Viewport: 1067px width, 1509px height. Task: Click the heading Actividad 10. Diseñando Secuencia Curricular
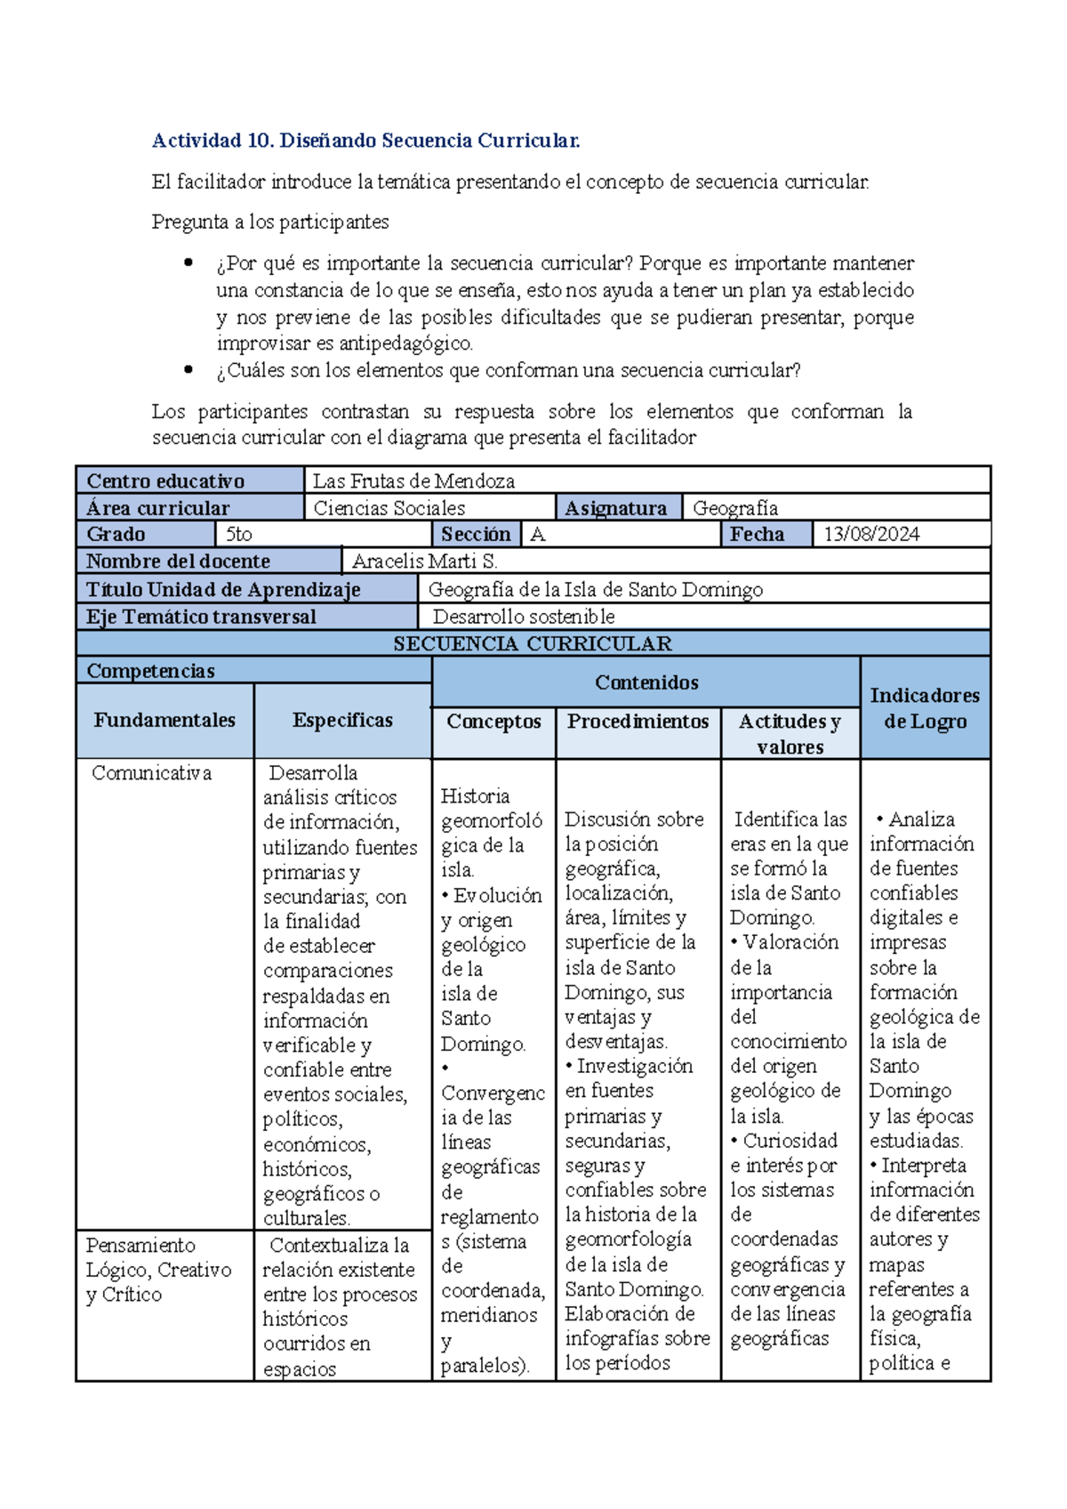(x=365, y=141)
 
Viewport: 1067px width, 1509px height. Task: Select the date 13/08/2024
(x=870, y=535)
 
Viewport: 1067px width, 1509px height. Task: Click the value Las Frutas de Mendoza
(x=413, y=481)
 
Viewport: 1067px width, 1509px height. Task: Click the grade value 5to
(x=239, y=535)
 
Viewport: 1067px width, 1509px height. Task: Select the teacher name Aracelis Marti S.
(x=424, y=561)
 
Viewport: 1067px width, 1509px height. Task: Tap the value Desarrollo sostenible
(x=523, y=617)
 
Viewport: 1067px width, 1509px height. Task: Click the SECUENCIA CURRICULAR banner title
(x=532, y=644)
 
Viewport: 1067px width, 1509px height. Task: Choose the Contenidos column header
(x=646, y=682)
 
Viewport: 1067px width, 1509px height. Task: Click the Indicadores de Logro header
(x=925, y=708)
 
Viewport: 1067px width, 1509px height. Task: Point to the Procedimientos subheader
(x=638, y=722)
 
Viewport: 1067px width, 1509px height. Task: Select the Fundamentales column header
(x=164, y=721)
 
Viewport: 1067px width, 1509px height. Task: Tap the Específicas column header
(x=342, y=721)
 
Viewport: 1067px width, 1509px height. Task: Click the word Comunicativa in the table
(x=151, y=773)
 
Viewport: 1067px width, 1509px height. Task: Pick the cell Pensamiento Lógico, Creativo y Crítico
(x=158, y=1270)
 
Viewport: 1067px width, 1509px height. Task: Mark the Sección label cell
(x=476, y=535)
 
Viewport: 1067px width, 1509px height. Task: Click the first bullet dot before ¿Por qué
(x=188, y=262)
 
